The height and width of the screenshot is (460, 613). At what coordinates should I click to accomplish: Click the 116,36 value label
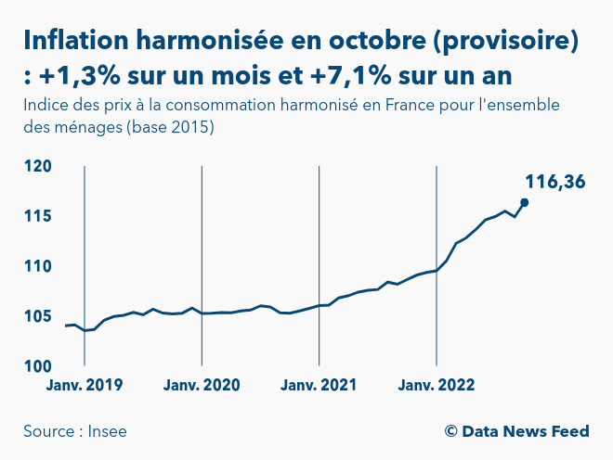pos(555,182)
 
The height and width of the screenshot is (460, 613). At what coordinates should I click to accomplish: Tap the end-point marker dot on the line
pos(525,202)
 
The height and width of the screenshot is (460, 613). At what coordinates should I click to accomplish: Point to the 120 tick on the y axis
pos(38,167)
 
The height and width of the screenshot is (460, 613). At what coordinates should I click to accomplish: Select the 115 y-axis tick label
pos(38,217)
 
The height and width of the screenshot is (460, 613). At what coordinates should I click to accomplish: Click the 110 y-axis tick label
pos(38,267)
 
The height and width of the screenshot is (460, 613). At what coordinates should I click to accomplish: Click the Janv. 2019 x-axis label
pos(85,386)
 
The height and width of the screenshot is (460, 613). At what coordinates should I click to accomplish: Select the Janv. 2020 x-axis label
pos(202,386)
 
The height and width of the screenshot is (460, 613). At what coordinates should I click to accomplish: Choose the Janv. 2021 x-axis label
pos(319,386)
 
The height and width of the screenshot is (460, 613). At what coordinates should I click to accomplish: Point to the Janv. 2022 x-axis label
pos(437,386)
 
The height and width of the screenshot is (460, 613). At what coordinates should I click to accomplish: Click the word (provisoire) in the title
pos(499,41)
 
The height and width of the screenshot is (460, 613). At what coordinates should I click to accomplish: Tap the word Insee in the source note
pos(108,431)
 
